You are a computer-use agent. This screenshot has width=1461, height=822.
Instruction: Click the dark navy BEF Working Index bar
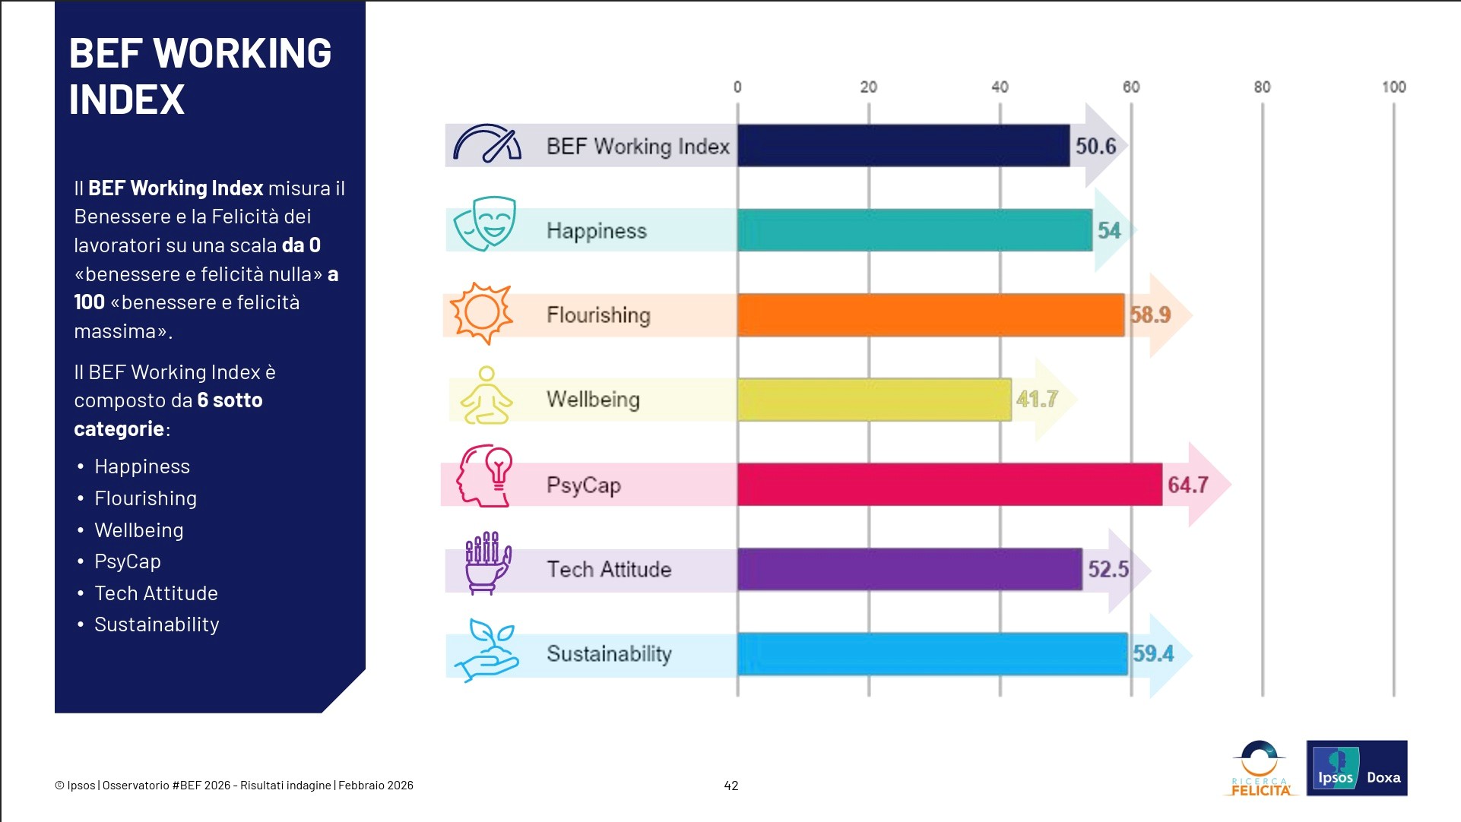[903, 146]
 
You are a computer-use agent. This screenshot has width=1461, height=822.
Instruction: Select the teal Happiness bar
[914, 230]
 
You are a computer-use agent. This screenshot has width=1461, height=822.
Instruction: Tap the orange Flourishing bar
[930, 315]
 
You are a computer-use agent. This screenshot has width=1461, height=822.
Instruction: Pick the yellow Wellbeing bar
[874, 400]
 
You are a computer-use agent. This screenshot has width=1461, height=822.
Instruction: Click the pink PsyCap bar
[949, 485]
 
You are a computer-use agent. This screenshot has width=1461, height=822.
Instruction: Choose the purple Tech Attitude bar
[909, 569]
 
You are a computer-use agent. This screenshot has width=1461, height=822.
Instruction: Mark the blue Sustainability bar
[932, 654]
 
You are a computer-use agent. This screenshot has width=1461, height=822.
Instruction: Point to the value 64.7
[1187, 485]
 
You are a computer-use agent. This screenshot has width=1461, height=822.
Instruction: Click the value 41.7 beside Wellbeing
[1037, 399]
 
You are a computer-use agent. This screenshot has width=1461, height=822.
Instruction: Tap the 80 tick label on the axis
[1262, 87]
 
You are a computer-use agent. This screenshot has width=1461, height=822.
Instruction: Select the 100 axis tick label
[1393, 87]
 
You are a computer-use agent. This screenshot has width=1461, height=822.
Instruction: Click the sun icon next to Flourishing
[480, 312]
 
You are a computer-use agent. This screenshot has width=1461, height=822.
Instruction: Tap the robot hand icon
[487, 562]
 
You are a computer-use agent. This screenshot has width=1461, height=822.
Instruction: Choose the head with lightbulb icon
[485, 476]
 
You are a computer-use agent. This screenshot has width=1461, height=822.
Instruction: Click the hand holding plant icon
[486, 650]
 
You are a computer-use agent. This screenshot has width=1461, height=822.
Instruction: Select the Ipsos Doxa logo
[1356, 768]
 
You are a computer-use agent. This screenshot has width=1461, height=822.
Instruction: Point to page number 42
[731, 786]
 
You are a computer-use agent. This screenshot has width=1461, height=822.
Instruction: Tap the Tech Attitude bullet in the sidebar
[156, 593]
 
